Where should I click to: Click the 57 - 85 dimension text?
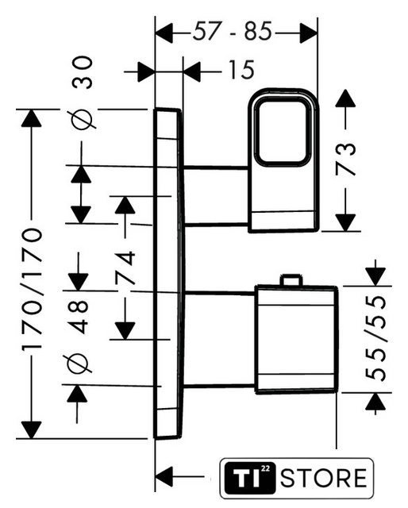232,32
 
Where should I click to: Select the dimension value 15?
241,70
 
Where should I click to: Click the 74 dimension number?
125,267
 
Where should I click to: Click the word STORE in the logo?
323,478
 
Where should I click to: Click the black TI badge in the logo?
250,478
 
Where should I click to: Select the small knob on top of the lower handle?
291,280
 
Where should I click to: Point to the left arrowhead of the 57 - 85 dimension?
164,33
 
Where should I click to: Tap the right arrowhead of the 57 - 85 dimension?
308,33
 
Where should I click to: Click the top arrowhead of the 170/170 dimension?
32,118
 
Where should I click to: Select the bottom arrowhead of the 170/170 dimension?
31,430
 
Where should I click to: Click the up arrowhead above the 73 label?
345,98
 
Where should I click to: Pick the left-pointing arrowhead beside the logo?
164,477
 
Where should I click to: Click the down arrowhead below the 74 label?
125,331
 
